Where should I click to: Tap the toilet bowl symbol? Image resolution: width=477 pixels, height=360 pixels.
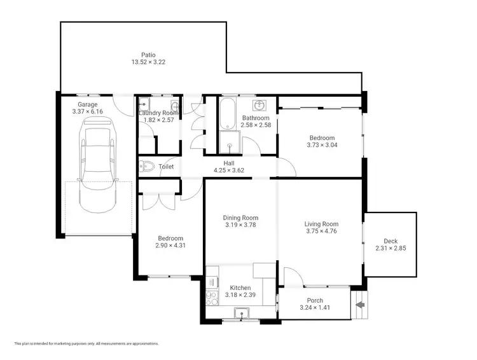147,167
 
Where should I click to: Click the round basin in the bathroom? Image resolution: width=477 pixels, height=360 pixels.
259,105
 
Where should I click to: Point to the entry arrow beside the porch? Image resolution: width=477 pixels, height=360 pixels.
359,305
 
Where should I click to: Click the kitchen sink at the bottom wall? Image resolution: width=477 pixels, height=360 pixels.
242,312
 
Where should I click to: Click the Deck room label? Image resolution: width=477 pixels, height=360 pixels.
391,241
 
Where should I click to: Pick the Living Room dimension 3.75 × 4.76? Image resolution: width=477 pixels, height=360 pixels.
321,232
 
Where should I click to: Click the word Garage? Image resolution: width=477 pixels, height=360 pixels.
88,104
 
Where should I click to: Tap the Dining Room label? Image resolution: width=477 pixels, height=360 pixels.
240,218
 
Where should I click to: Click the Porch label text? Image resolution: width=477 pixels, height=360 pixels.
315,301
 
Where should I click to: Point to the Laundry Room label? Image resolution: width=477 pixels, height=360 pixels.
159,113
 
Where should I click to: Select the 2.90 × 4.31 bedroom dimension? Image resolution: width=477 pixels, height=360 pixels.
170,246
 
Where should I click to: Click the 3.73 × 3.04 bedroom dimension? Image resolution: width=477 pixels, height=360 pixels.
321,145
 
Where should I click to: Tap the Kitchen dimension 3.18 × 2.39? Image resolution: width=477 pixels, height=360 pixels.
240,295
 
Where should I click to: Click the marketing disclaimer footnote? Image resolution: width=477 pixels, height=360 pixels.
86,343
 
